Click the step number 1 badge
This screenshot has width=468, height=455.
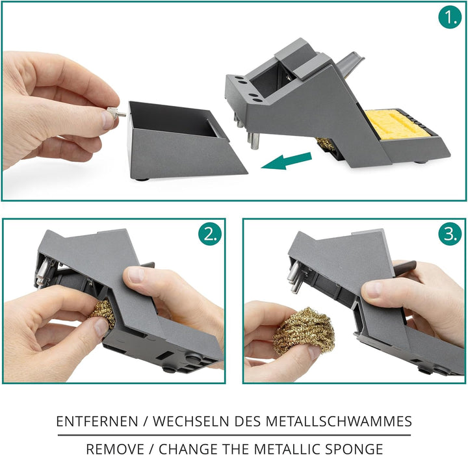click(x=450, y=17)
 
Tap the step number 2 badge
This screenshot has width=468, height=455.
click(x=210, y=234)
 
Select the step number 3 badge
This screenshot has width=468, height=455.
click(x=450, y=234)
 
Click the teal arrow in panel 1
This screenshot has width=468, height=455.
click(x=286, y=161)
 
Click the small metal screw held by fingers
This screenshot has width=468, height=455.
click(x=116, y=113)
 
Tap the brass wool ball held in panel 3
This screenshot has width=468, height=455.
click(x=304, y=331)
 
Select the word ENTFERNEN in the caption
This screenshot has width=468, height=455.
click(x=97, y=421)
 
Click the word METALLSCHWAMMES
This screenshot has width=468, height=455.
click(x=339, y=421)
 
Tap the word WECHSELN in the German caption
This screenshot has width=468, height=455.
click(x=191, y=421)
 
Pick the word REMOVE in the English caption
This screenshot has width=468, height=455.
click(x=115, y=448)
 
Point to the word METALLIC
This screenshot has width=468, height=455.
click(x=287, y=448)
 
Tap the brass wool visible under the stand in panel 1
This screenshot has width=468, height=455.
click(x=326, y=144)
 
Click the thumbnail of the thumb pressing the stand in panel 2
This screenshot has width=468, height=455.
click(x=136, y=275)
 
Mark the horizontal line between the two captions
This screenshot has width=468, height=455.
click(x=234, y=435)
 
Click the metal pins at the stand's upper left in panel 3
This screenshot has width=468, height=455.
click(x=294, y=276)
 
